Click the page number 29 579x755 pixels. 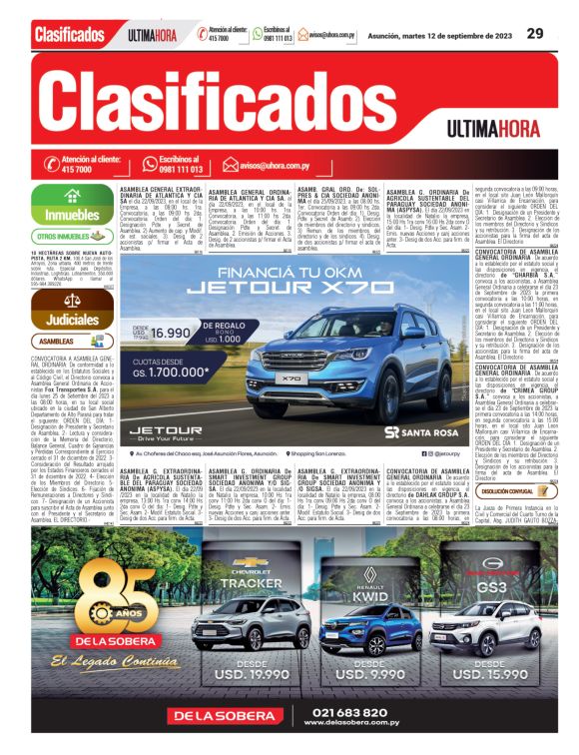tap(535, 33)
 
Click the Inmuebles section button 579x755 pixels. tap(72, 214)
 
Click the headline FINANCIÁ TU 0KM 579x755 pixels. tap(272, 270)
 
